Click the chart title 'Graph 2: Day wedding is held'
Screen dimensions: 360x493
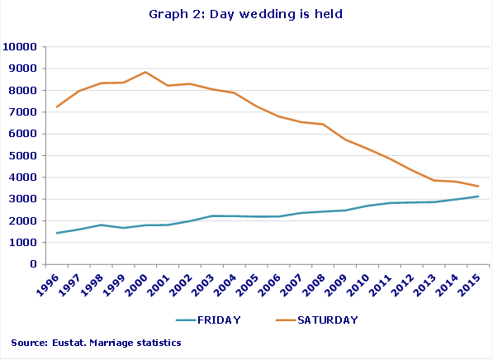(x=247, y=14)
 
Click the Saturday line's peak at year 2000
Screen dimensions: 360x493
(x=145, y=72)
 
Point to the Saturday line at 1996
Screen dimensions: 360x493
(x=57, y=107)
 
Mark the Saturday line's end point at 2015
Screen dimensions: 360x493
(x=478, y=186)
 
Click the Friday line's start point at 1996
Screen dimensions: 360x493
(x=57, y=233)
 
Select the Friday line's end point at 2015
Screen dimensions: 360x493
(x=478, y=197)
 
